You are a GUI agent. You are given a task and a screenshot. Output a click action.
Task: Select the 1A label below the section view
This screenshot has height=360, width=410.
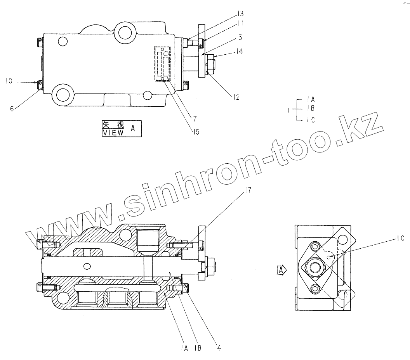pyautogui.click(x=184, y=348)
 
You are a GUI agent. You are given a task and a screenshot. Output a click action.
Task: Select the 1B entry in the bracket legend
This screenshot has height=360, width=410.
pyautogui.click(x=310, y=108)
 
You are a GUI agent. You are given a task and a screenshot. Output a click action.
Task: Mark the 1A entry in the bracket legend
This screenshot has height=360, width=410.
pyautogui.click(x=310, y=100)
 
